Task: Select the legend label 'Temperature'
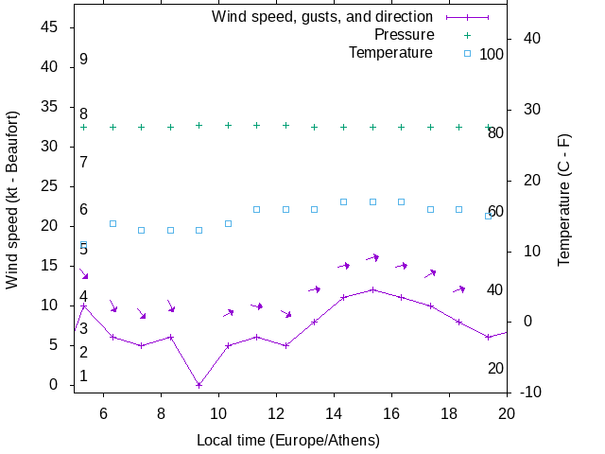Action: pyautogui.click(x=390, y=53)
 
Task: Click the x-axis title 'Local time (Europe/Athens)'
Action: pyautogui.click(x=288, y=441)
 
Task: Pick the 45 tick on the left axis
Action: pyautogui.click(x=51, y=27)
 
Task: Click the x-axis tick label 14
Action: pyautogui.click(x=334, y=412)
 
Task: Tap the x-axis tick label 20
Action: pyautogui.click(x=507, y=412)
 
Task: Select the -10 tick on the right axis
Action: pyautogui.click(x=530, y=392)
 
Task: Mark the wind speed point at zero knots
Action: pyautogui.click(x=199, y=385)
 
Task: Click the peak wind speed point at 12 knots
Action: pyautogui.click(x=372, y=289)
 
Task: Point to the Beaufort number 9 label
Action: pyautogui.click(x=83, y=60)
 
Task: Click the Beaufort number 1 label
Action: pyautogui.click(x=83, y=376)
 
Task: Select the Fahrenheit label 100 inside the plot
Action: pyautogui.click(x=492, y=54)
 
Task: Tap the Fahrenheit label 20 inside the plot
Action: pyautogui.click(x=495, y=368)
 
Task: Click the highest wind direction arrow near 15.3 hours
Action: pyautogui.click(x=372, y=257)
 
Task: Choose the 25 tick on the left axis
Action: pyautogui.click(x=51, y=186)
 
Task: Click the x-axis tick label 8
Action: pyautogui.click(x=160, y=412)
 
